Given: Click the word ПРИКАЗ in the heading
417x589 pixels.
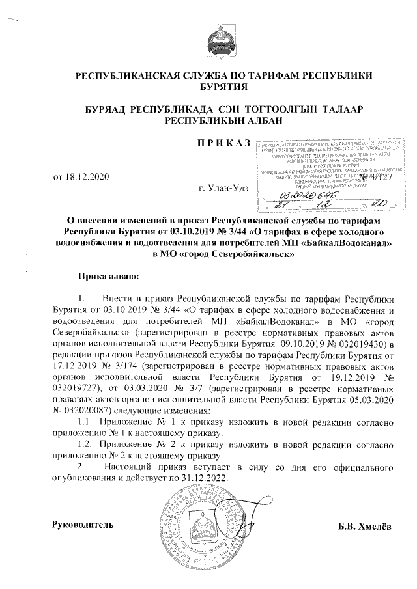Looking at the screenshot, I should (x=223, y=142).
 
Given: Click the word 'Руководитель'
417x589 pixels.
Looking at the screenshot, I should (x=83, y=525).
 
